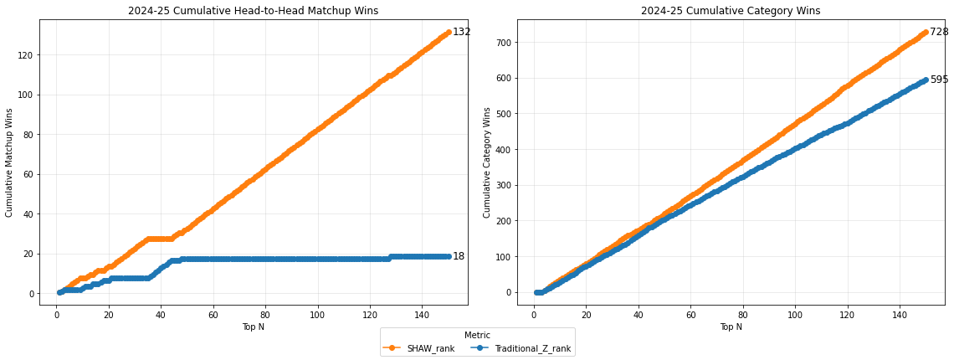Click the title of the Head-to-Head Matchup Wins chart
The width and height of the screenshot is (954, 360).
(253, 11)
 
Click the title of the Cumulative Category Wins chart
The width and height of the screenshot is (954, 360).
(730, 11)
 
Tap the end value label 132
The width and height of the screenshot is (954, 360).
(462, 33)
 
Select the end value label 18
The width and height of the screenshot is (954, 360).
(459, 257)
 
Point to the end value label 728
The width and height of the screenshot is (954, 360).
(939, 33)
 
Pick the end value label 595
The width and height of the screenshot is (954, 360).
(939, 80)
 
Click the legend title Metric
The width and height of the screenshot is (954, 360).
(477, 335)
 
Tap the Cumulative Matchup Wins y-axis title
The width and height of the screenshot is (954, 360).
(10, 162)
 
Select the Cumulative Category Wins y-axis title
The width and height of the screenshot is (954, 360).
(487, 162)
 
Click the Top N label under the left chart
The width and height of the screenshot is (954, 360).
(253, 327)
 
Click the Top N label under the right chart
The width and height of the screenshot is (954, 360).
(731, 327)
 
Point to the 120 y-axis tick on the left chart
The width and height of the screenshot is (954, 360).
(26, 55)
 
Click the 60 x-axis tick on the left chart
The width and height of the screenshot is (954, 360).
(213, 314)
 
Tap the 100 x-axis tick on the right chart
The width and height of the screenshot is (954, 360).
(795, 314)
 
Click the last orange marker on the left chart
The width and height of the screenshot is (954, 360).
(449, 33)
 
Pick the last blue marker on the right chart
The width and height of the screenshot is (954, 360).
(926, 80)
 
